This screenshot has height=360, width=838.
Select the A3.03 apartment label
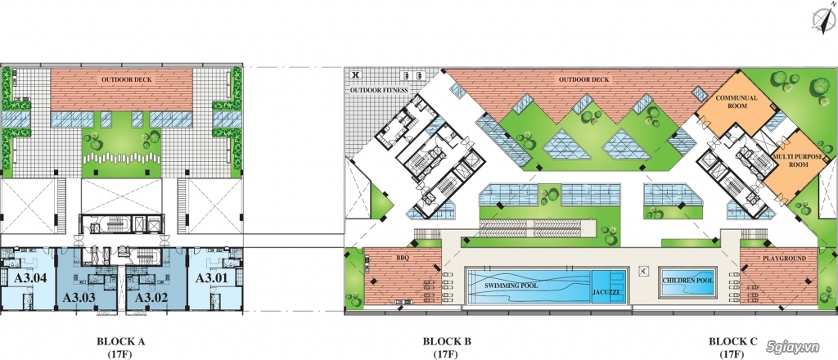[79, 298]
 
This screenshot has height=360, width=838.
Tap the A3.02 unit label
[151, 298]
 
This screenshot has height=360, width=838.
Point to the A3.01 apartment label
[211, 277]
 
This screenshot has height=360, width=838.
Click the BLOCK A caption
[121, 341]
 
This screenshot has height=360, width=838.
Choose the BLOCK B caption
[447, 341]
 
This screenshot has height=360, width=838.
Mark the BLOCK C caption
[733, 341]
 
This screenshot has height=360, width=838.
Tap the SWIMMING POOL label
[511, 286]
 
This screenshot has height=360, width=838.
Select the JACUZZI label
[605, 293]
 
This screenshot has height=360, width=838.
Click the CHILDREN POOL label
[687, 281]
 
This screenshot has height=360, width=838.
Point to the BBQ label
[403, 258]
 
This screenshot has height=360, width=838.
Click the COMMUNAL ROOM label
[737, 102]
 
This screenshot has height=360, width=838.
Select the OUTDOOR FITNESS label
[379, 90]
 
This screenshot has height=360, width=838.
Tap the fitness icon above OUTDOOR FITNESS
[355, 75]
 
